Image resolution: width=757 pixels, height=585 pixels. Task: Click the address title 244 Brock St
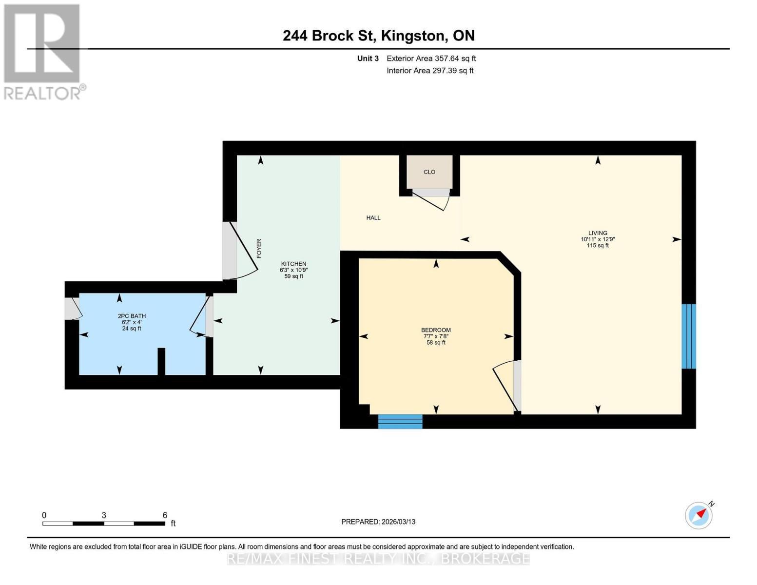coord(378,36)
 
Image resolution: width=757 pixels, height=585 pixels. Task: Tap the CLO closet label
coord(429,172)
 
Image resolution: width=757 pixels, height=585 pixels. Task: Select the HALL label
coord(373,218)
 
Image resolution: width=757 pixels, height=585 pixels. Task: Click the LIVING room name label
coord(598,233)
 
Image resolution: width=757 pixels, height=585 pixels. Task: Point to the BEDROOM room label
coord(436,330)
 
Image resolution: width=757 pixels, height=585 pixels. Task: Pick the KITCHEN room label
coord(293,264)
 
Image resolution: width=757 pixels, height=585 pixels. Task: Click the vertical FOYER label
coord(259,248)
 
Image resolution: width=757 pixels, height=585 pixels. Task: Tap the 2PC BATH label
coord(132,316)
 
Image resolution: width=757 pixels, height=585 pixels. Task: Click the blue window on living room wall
coord(688,336)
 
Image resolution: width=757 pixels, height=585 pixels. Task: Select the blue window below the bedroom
coord(400,422)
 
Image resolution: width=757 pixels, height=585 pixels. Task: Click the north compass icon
coord(699,515)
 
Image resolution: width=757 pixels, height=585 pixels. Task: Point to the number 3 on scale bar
coord(104,515)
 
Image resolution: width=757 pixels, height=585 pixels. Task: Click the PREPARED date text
coord(378,522)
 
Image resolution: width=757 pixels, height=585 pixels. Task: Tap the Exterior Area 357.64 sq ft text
coord(431,58)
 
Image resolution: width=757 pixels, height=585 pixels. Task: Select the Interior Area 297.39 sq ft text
coord(430,71)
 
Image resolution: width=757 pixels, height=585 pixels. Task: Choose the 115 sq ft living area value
coord(598,246)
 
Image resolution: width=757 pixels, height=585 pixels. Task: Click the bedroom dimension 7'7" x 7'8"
coord(436,336)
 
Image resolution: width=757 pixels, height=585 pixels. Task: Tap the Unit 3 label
coord(368,58)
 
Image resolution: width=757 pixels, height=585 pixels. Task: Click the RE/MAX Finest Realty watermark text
coord(378,559)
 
